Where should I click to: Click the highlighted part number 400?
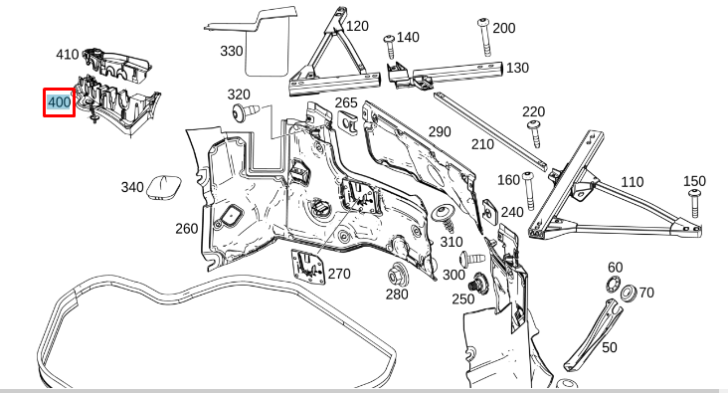[59, 101]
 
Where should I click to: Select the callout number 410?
[68, 55]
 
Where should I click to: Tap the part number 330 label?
[231, 50]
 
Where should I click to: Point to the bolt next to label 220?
[534, 128]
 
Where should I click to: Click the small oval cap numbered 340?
[163, 187]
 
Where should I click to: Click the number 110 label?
[632, 182]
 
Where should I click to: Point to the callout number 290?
[440, 131]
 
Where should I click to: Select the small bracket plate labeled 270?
[307, 267]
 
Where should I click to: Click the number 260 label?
[187, 229]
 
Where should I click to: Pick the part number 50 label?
[609, 348]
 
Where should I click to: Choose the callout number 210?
[482, 144]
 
